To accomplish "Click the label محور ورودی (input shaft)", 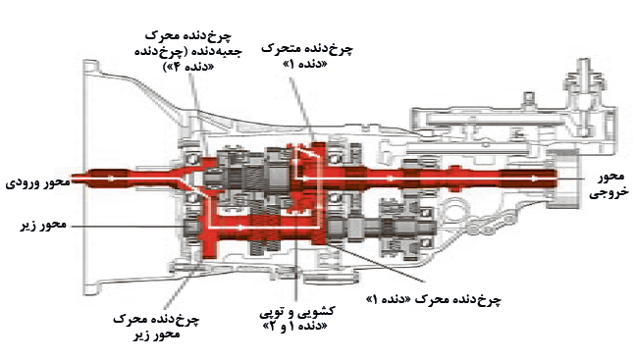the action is (37, 182).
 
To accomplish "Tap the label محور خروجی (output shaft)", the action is (609, 184).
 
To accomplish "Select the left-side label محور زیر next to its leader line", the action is (43, 225).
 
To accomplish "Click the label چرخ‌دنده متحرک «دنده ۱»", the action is (307, 56).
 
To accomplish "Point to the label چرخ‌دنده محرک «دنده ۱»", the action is (434, 299).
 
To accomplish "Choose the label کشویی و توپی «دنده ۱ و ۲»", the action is (297, 319).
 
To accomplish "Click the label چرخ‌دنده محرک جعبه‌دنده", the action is (188, 51).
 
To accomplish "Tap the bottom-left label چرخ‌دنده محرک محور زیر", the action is (156, 327).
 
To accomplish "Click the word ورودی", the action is (22, 182).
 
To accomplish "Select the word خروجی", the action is (609, 192).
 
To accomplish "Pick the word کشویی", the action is (318, 312).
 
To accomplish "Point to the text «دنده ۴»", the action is (188, 67).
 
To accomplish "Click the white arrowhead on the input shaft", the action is (111, 179).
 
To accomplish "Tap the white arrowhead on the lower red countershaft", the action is (240, 228).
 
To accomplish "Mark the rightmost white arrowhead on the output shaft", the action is (535, 179).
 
